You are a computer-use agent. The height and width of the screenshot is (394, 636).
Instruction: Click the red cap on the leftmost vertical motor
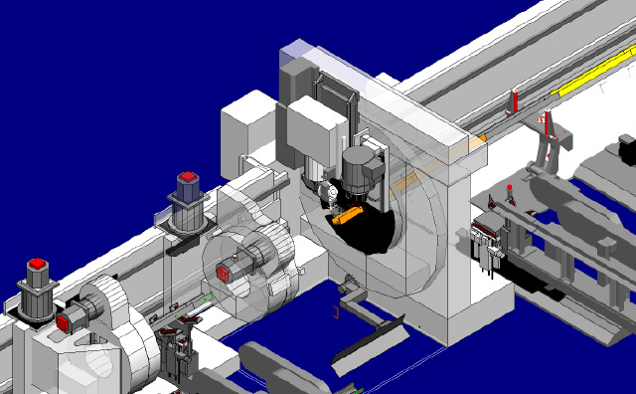tap(38, 265)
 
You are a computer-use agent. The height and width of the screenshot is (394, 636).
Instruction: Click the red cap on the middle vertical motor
tap(188, 178)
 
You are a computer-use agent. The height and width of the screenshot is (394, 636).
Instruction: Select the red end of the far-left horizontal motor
tap(63, 322)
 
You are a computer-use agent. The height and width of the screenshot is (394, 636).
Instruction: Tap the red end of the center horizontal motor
tap(225, 270)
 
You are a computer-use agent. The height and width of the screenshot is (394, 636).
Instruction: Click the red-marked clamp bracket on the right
tap(548, 132)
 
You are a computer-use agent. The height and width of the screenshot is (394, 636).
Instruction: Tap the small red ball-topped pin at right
tap(510, 190)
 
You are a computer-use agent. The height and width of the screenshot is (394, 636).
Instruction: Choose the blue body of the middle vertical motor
tap(188, 189)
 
